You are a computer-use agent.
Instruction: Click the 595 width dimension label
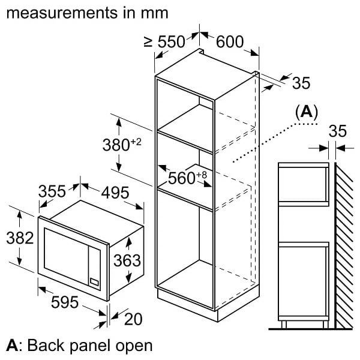65,302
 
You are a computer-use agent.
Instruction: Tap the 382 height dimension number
20,238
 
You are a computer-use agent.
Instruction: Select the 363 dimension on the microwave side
127,260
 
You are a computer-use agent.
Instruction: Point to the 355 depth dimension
52,191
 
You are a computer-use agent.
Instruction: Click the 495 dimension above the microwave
115,193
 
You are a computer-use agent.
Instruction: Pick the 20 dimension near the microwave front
133,319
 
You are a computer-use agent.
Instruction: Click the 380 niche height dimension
116,145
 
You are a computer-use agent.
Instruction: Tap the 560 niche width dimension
182,178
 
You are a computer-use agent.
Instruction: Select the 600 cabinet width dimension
230,42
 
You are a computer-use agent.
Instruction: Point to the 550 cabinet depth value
171,42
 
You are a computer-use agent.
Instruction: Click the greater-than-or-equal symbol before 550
148,42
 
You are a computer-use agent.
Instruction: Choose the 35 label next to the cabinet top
301,83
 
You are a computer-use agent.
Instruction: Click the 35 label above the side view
337,131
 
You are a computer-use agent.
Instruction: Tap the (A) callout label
307,112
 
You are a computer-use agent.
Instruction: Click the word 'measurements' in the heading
62,13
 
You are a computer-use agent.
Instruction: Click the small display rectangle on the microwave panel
95,282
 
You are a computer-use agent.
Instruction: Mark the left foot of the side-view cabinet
284,325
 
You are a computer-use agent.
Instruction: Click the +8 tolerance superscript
202,175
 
